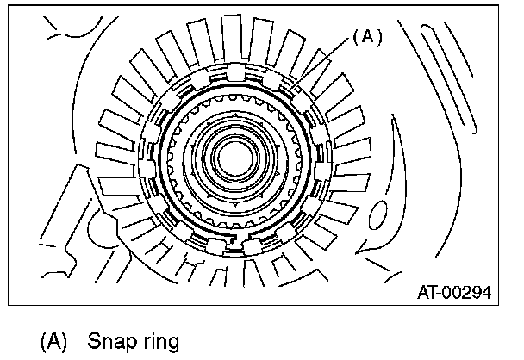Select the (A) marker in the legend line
pyautogui.click(x=53, y=342)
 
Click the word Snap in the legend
pyautogui.click(x=109, y=342)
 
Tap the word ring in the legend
pyautogui.click(x=157, y=342)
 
